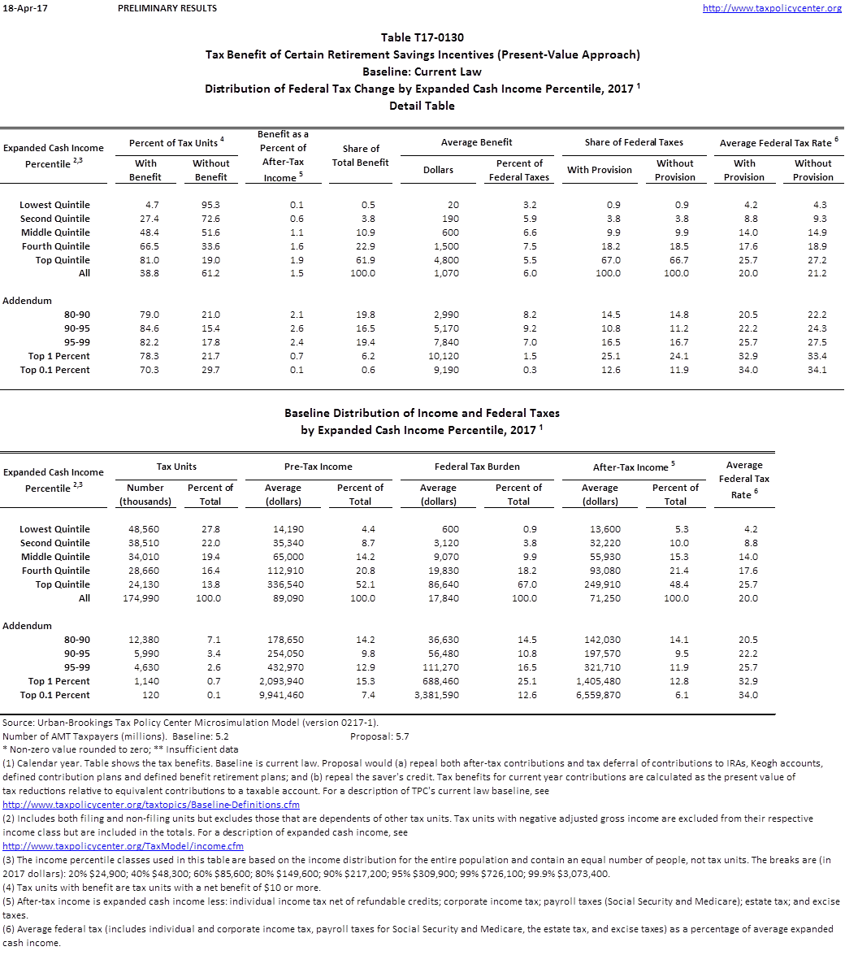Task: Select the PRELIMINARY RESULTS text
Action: point(167,8)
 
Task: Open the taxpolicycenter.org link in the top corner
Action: point(772,8)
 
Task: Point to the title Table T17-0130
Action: point(422,37)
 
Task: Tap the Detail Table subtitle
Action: point(422,106)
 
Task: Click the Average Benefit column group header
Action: point(476,142)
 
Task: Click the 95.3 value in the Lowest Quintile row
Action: point(210,205)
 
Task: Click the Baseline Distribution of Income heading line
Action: point(422,413)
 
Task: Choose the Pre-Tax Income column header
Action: point(318,467)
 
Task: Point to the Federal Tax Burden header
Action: point(477,467)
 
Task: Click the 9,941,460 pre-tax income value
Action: point(282,695)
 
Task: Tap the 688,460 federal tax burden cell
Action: point(437,681)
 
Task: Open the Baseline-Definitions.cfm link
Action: point(151,805)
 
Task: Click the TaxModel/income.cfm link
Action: point(123,846)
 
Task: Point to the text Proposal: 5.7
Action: point(379,736)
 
